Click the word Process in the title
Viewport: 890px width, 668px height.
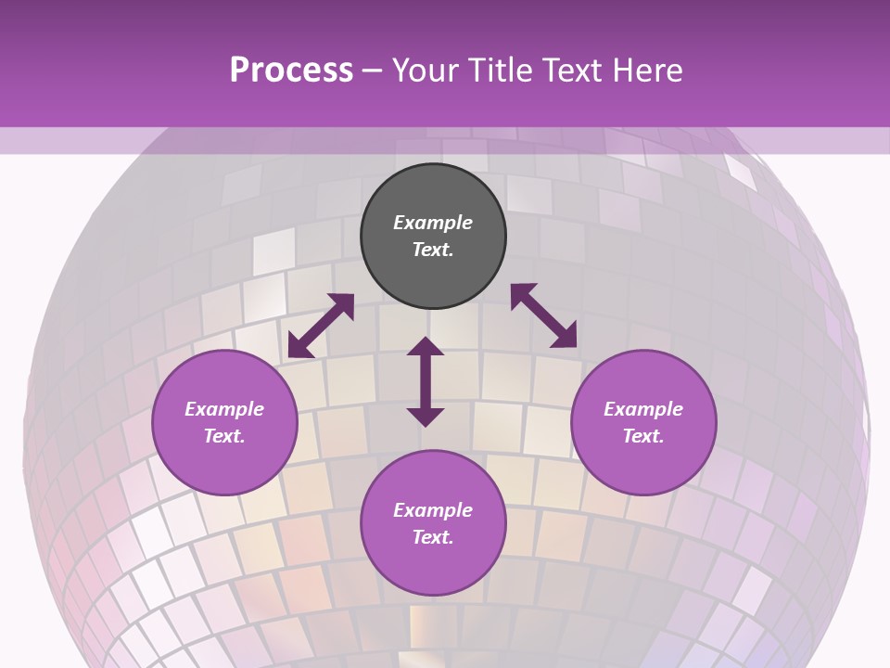click(x=291, y=71)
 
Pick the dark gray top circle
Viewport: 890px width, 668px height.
click(x=433, y=237)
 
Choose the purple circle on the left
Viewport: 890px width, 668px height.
click(x=224, y=423)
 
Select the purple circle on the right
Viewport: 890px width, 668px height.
click(x=643, y=423)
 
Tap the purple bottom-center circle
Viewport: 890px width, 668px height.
click(x=433, y=523)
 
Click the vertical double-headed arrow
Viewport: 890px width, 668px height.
click(x=426, y=381)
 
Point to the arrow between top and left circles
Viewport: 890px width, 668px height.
click(x=321, y=326)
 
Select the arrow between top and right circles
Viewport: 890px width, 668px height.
click(x=543, y=315)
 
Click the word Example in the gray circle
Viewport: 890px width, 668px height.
click(x=433, y=223)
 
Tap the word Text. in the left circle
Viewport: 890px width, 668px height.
click(x=224, y=436)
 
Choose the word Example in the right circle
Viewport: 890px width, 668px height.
click(x=643, y=409)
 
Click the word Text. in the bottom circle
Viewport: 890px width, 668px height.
click(x=433, y=537)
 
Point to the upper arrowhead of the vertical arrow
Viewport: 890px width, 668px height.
click(x=426, y=346)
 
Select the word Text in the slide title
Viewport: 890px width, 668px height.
click(x=569, y=71)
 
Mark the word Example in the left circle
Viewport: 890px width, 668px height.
click(x=224, y=409)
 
